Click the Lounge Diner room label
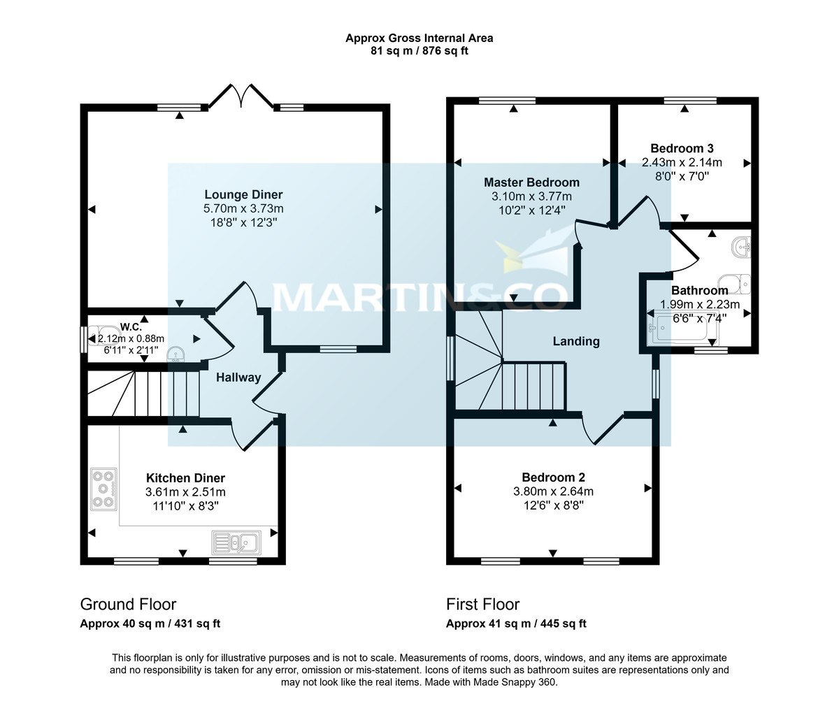(243, 194)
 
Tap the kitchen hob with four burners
(104, 489)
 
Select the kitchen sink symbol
(236, 542)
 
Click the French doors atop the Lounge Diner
(242, 96)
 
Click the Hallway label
(238, 378)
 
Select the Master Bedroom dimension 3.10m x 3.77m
(531, 196)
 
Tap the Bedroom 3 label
(682, 148)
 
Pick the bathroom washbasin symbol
(742, 246)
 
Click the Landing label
(576, 341)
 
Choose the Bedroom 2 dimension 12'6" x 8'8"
(553, 505)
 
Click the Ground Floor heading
(128, 604)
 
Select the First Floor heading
(482, 604)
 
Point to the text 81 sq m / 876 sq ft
(419, 52)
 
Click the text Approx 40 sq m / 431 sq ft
(150, 624)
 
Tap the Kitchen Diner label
(185, 478)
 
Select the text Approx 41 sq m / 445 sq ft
(516, 624)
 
